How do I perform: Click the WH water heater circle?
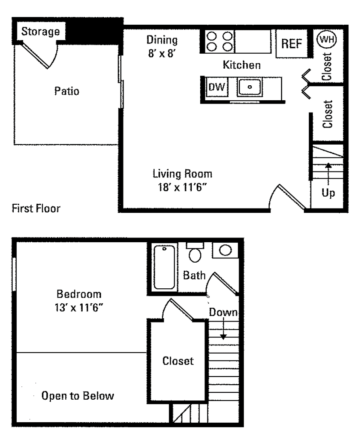[x=327, y=40]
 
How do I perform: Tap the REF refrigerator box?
[x=292, y=44]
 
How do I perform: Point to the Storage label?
[x=40, y=32]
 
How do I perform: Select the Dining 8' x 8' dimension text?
[x=161, y=55]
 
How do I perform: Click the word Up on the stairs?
[x=328, y=193]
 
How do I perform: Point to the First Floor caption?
[x=36, y=209]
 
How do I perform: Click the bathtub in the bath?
[x=164, y=267]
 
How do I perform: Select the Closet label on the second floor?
[x=178, y=361]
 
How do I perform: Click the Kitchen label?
[x=242, y=65]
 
